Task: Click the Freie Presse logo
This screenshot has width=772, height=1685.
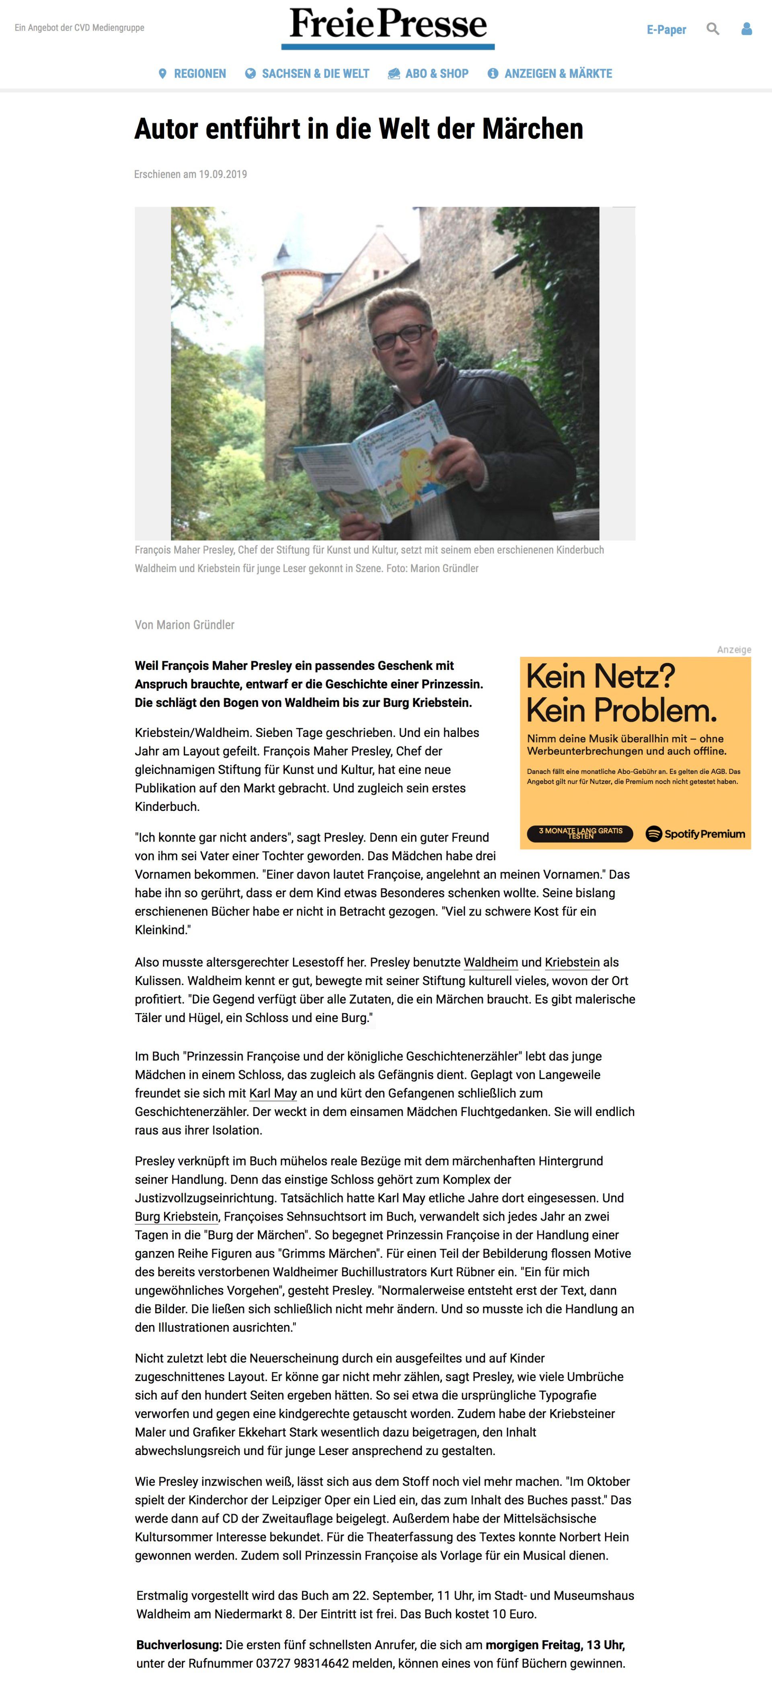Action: pos(388,26)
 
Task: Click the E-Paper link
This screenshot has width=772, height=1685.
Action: pos(666,29)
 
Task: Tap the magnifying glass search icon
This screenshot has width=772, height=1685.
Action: pos(712,29)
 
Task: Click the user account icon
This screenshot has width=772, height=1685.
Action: pos(746,29)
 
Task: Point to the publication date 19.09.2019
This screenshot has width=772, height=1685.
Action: pos(223,174)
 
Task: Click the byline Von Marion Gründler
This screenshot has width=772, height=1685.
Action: pos(185,625)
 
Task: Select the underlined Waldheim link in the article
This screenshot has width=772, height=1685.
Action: pos(491,962)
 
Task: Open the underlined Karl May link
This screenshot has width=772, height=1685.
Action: pos(273,1093)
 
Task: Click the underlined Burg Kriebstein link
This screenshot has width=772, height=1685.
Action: pos(176,1216)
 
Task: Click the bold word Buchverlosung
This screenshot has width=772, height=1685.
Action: pos(179,1644)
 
